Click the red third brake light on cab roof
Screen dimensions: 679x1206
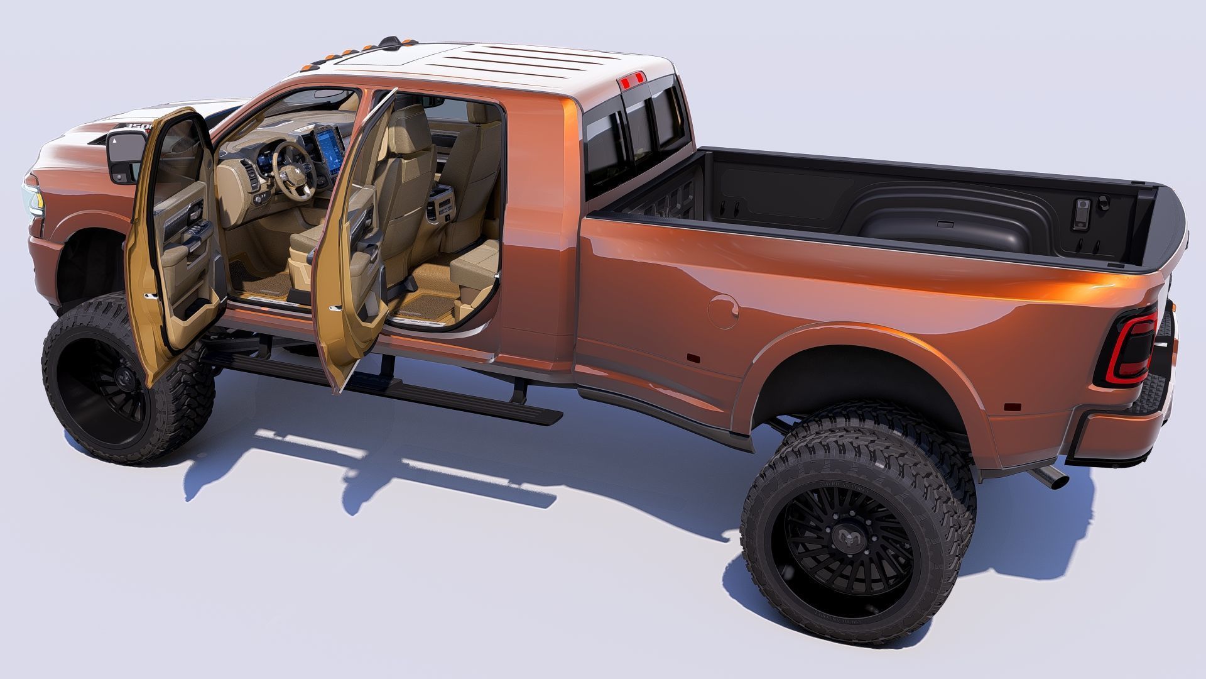coord(631,80)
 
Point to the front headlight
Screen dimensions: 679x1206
coord(31,195)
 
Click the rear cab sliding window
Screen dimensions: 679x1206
coord(634,135)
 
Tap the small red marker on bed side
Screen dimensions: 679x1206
coord(693,358)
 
